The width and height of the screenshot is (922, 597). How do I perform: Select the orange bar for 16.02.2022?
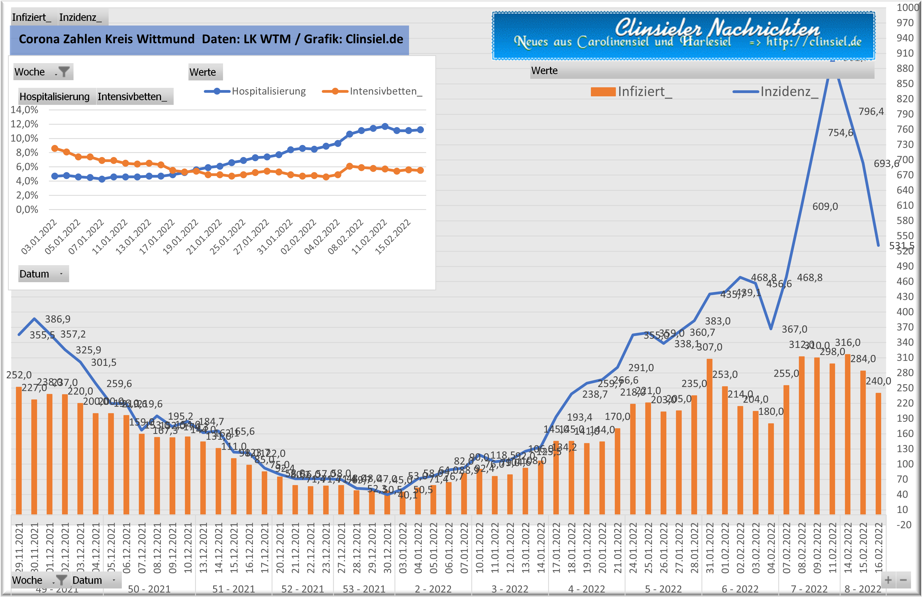point(878,453)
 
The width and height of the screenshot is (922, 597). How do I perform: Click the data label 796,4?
point(871,112)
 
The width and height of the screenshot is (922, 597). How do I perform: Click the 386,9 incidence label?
point(58,319)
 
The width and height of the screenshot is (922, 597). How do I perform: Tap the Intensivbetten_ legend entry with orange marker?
point(372,91)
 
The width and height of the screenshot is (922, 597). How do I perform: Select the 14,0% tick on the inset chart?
point(24,110)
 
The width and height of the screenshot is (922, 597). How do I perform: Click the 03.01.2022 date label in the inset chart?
point(39,237)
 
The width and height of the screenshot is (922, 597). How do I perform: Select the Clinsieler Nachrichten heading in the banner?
point(717,27)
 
